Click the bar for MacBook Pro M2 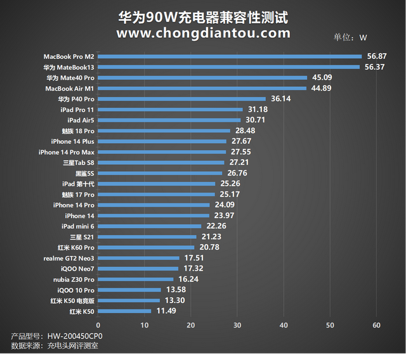230,56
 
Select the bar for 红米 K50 126,311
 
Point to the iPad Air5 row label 81,120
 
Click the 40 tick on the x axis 284,325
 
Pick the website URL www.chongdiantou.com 203,33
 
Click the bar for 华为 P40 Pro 183,99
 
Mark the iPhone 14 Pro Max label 66,152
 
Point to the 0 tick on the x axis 99,325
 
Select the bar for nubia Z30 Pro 136,280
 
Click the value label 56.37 375,67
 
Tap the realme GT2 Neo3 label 69,259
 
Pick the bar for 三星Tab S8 162,163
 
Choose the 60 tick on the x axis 376,325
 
